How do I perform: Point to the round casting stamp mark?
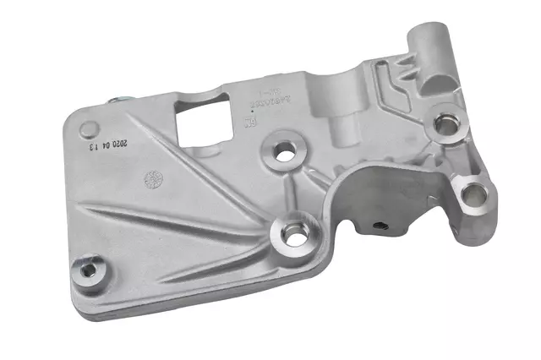(x=154, y=178)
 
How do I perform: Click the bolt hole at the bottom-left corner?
(x=86, y=270)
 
